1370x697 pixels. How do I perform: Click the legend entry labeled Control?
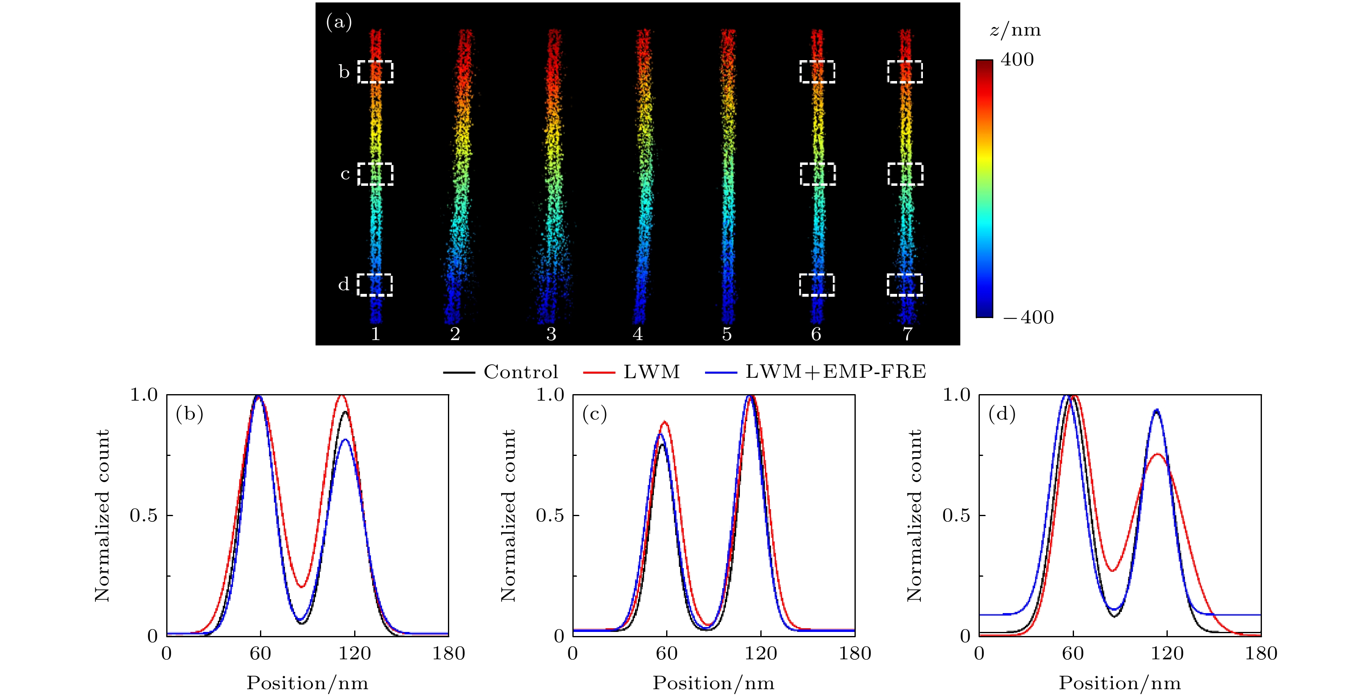pyautogui.click(x=520, y=372)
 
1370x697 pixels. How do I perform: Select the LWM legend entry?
pyautogui.click(x=651, y=372)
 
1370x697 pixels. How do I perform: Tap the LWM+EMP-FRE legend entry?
pyautogui.click(x=835, y=372)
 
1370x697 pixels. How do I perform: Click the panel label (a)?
pyautogui.click(x=339, y=23)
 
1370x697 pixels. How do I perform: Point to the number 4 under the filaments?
pyautogui.click(x=638, y=334)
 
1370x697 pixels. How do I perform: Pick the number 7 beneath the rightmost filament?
pyautogui.click(x=907, y=334)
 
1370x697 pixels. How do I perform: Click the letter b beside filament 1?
pyautogui.click(x=344, y=72)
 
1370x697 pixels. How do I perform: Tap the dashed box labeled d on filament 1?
pyautogui.click(x=374, y=285)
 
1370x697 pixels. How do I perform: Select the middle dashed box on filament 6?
pyautogui.click(x=817, y=174)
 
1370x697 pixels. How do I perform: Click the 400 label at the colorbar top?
pyautogui.click(x=1017, y=59)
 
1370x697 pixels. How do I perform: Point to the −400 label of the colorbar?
pyautogui.click(x=1028, y=318)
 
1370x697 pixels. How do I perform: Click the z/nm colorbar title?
pyautogui.click(x=1015, y=30)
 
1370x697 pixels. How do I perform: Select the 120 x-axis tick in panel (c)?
pyautogui.click(x=760, y=653)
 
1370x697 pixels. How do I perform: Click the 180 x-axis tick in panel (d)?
pyautogui.click(x=1260, y=653)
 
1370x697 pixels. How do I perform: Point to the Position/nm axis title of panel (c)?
pyautogui.click(x=713, y=683)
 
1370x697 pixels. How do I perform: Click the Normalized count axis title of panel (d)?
pyautogui.click(x=914, y=515)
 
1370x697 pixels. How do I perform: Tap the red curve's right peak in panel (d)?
pyautogui.click(x=1157, y=454)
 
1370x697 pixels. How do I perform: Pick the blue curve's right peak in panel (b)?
pyautogui.click(x=345, y=439)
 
